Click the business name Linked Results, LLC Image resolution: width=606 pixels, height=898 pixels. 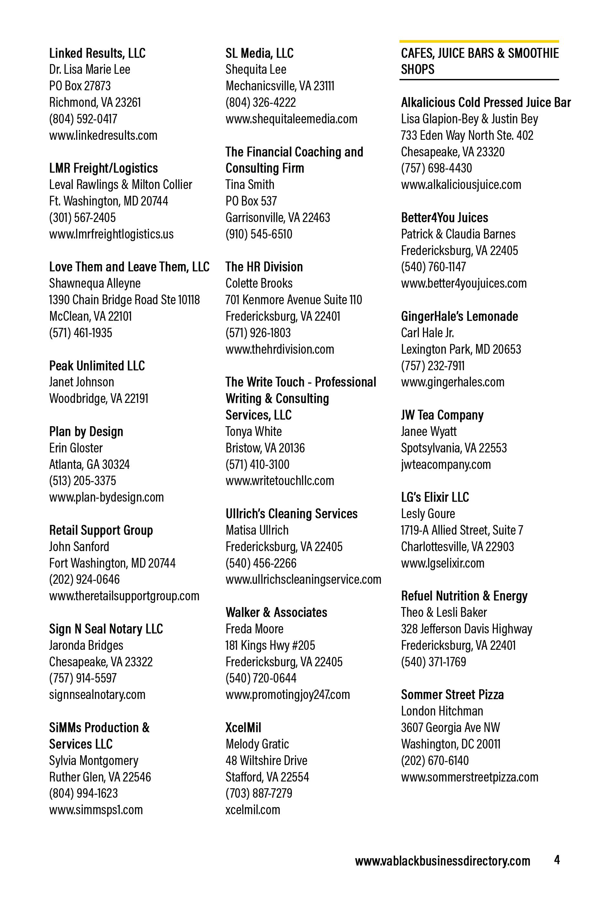tap(97, 53)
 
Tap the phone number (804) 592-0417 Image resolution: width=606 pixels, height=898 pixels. tap(83, 119)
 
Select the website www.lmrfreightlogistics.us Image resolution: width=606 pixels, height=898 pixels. tap(111, 234)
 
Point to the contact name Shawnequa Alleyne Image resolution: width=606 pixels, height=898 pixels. tap(95, 283)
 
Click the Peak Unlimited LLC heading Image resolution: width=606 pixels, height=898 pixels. tap(97, 366)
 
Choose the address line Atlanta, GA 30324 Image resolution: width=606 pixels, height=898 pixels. tap(89, 464)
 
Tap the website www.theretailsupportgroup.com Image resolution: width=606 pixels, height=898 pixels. tap(124, 596)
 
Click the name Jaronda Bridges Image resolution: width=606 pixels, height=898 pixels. tap(86, 645)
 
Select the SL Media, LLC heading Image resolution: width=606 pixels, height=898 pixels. tap(260, 53)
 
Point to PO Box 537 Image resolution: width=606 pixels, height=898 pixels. tap(251, 201)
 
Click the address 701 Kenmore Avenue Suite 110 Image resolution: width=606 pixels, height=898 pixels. tap(294, 300)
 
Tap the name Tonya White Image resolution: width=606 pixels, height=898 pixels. tap(254, 431)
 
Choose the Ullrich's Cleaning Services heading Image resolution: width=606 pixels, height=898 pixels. tap(292, 514)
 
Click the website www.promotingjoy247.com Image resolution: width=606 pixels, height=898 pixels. tap(288, 694)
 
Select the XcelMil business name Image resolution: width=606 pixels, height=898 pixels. tap(243, 727)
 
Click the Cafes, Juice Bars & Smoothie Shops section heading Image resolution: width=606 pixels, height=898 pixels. tap(479, 61)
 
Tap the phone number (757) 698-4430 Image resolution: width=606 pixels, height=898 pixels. tap(436, 168)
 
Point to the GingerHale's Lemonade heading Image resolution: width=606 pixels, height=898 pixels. tap(459, 316)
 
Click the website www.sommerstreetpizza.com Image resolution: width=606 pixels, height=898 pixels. tap(469, 777)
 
